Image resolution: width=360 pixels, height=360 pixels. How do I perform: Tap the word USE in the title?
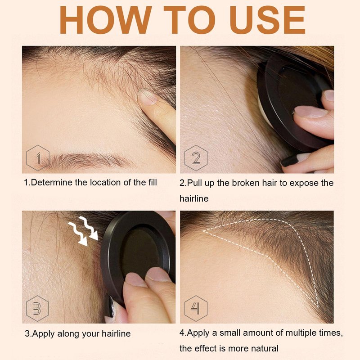[267, 20]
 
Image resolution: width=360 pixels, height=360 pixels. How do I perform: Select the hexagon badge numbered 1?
[38, 158]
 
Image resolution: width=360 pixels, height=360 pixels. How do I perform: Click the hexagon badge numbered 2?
[196, 158]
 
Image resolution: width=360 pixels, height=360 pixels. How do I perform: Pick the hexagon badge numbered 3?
[37, 308]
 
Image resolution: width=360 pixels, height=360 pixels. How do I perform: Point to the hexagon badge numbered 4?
[196, 308]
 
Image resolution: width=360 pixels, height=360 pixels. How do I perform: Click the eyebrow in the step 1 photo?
[87, 160]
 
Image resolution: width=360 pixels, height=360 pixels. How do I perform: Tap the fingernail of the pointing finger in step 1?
[147, 97]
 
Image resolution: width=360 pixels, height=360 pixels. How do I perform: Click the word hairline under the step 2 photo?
[194, 198]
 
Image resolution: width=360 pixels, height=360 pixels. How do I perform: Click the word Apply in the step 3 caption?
[44, 334]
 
